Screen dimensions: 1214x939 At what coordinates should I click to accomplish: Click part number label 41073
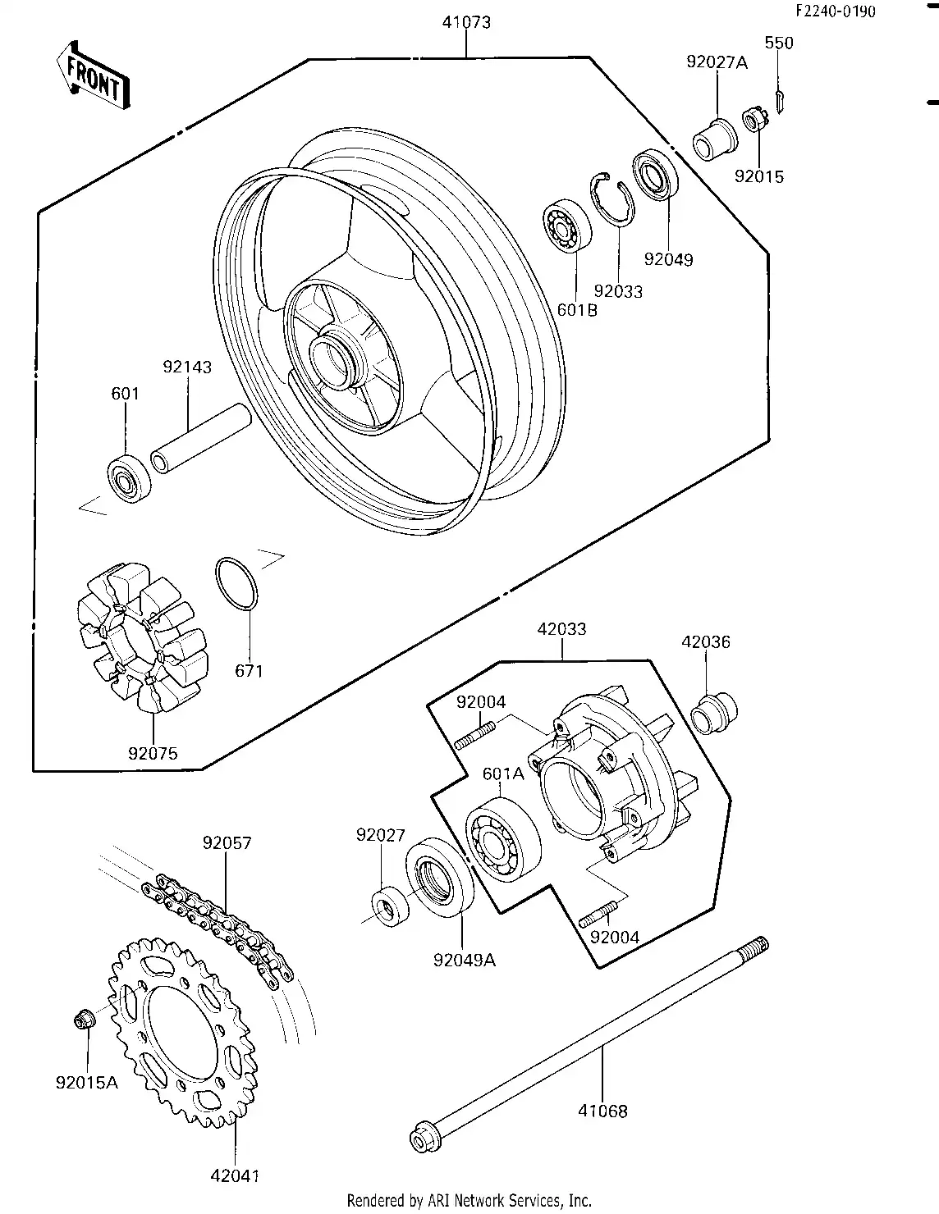[466, 22]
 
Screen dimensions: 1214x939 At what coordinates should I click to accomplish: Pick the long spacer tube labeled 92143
[199, 438]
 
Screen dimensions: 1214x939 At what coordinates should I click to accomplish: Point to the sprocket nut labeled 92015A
[83, 1020]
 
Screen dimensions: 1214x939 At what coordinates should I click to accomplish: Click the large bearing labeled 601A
[502, 837]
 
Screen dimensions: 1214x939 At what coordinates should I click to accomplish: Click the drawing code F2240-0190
[835, 11]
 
